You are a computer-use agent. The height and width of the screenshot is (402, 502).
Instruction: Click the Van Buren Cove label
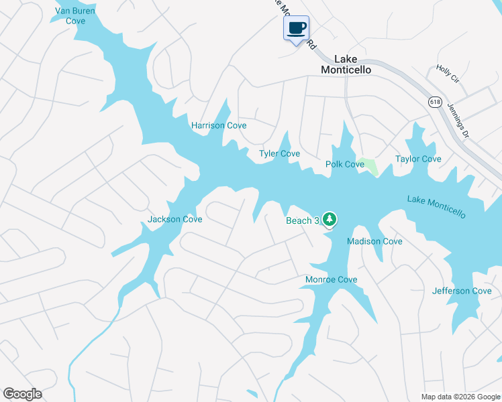pos(75,16)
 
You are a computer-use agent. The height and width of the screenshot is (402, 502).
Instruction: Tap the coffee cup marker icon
pos(297,28)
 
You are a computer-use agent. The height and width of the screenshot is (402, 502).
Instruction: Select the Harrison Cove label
pos(219,125)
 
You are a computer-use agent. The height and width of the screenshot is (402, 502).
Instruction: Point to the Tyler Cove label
pos(279,154)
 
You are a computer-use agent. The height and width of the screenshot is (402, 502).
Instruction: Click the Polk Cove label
pos(345,164)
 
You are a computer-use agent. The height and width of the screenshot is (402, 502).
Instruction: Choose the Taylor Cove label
pos(418,159)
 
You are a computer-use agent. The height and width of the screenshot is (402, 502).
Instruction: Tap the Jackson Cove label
pos(174,219)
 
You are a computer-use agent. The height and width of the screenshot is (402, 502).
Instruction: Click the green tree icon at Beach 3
pos(329,219)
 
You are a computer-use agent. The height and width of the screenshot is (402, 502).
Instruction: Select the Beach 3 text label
pos(302,221)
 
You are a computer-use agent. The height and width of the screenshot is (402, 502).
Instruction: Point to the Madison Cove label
pos(374,241)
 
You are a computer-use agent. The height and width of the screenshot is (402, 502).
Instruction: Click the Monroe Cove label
pos(332,279)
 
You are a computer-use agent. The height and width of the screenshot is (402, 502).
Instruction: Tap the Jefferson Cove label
pos(462,291)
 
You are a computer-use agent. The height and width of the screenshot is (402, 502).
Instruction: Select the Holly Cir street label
pos(447,74)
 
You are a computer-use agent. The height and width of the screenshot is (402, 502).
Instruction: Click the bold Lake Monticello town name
pos(346,64)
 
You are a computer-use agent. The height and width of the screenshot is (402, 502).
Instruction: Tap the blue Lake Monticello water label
pos(436,206)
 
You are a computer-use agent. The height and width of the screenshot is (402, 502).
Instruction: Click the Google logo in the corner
pos(22,394)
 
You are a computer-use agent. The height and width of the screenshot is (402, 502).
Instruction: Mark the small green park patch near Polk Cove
pos(368,165)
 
